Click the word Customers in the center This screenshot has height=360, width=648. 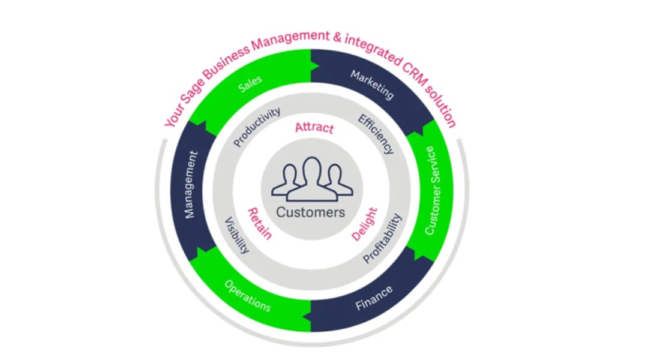(311, 213)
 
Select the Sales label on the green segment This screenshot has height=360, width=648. (250, 85)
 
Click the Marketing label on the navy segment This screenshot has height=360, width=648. (372, 85)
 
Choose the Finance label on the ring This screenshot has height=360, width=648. (374, 298)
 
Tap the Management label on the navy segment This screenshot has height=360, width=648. (191, 185)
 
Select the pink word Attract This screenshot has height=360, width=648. (314, 128)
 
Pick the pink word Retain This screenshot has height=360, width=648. (259, 223)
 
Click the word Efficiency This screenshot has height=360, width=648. (376, 134)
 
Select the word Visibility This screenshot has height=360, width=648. (236, 235)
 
